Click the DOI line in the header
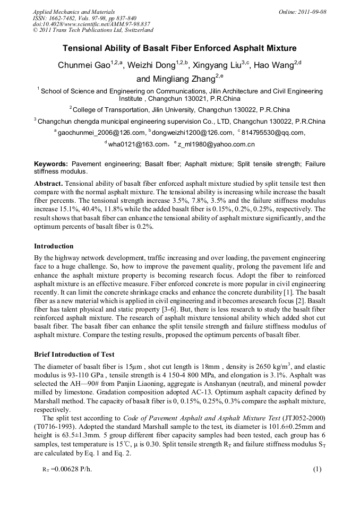pyautogui.click(x=92, y=24)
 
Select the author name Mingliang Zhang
pyautogui.click(x=175, y=79)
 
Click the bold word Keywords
pyautogui.click(x=52, y=164)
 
